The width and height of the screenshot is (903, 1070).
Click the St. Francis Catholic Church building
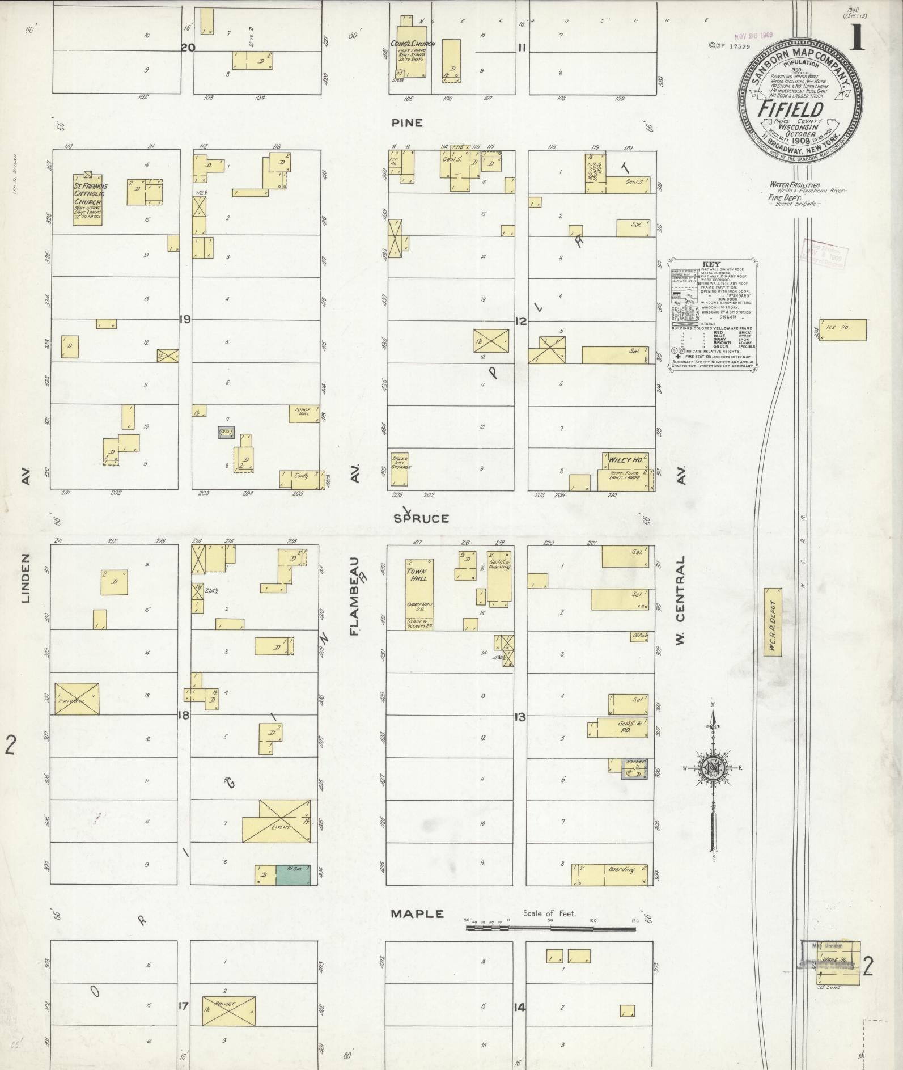pyautogui.click(x=88, y=200)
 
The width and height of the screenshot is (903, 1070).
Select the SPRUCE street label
pyautogui.click(x=421, y=518)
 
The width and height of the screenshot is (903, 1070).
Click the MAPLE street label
pyautogui.click(x=417, y=914)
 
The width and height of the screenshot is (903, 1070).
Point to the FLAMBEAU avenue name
pyautogui.click(x=355, y=596)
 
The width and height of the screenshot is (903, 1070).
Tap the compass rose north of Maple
pyautogui.click(x=713, y=768)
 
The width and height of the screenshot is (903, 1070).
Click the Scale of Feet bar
pyautogui.click(x=550, y=928)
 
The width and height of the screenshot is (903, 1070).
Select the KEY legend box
pyautogui.click(x=713, y=316)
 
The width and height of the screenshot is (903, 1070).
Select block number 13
pyautogui.click(x=519, y=717)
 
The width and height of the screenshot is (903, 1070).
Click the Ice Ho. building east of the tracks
pyautogui.click(x=843, y=330)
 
